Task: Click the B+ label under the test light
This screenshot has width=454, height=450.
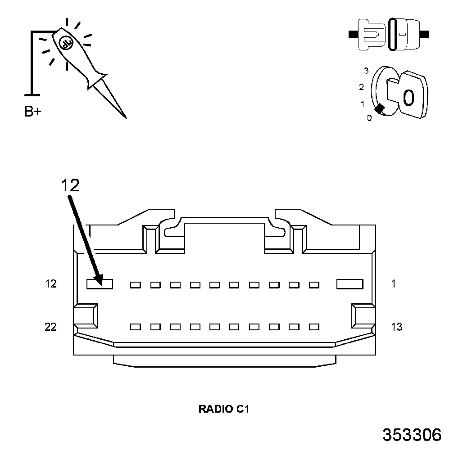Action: coord(32,112)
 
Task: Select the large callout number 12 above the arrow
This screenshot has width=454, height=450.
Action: coord(70,185)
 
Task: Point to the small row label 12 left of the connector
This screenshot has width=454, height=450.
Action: coord(51,284)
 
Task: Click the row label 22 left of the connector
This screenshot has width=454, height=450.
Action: coord(50,327)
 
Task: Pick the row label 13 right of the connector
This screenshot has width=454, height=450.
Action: coord(396,327)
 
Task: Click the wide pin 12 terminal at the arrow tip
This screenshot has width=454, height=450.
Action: coord(100,284)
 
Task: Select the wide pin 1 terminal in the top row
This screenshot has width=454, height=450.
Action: coord(350,284)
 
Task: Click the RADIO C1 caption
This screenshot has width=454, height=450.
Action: coord(223,409)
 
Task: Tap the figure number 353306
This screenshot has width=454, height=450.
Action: coord(412,435)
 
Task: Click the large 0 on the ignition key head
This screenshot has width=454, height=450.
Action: coord(408,97)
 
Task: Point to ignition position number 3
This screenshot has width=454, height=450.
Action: coord(366,71)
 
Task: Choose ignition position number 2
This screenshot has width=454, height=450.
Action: coord(361,87)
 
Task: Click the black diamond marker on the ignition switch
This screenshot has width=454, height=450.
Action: coord(380,108)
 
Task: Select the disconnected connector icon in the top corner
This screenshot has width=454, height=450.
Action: coord(389,34)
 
